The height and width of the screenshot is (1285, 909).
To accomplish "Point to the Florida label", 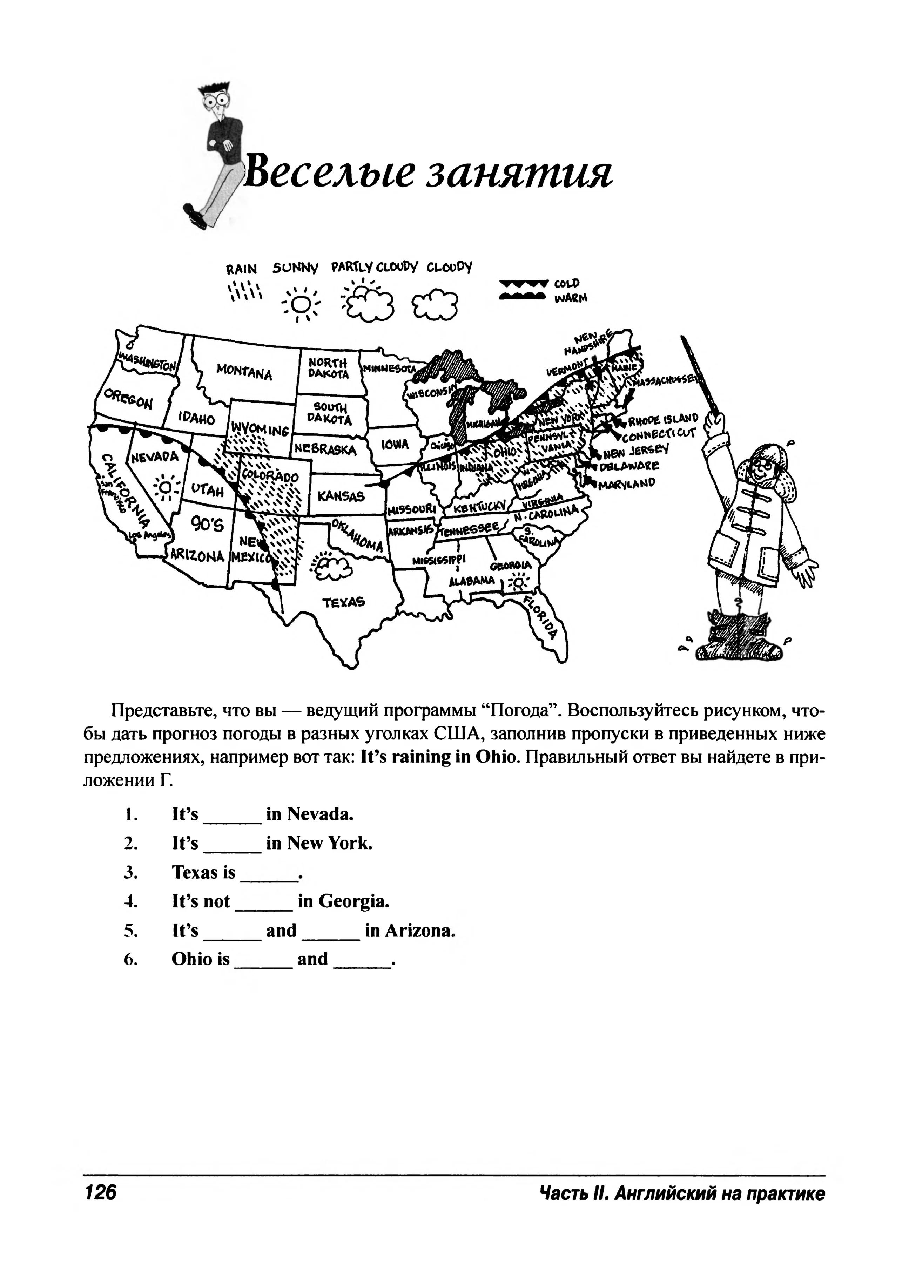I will click(541, 617).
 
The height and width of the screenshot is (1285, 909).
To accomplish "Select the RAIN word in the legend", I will click(241, 269).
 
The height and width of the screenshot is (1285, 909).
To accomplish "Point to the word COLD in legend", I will click(567, 284).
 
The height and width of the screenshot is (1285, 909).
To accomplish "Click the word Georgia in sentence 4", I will click(353, 902).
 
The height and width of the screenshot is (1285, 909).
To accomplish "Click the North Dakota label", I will click(329, 368).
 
